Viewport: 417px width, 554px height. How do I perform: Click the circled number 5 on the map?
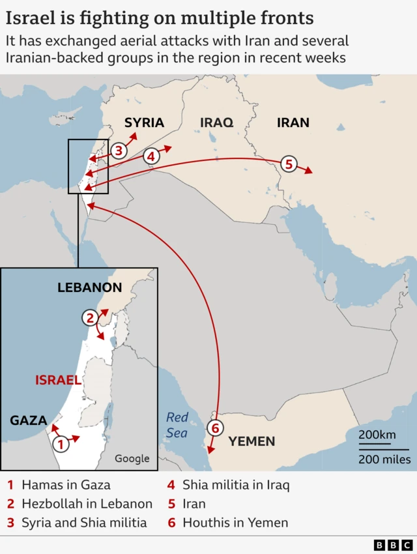click(x=289, y=164)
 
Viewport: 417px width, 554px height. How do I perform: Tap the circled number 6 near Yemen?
click(x=216, y=428)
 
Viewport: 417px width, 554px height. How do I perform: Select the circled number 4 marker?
click(x=151, y=156)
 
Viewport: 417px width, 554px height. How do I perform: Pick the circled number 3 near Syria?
click(x=117, y=151)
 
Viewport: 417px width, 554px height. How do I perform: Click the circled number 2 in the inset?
click(x=91, y=318)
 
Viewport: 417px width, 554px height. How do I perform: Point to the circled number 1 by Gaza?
click(x=60, y=445)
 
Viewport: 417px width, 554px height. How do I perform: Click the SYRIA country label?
click(x=144, y=123)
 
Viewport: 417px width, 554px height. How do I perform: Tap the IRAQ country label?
click(x=216, y=123)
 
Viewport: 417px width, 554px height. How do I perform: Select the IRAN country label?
click(x=293, y=123)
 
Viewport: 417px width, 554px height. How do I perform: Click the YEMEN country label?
click(x=252, y=441)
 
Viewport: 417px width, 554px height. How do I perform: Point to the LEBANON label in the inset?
click(x=89, y=287)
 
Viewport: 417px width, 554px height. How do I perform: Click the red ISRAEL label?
click(x=58, y=380)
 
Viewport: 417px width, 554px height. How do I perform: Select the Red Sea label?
click(x=177, y=425)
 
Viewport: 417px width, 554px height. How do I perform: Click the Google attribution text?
click(x=132, y=459)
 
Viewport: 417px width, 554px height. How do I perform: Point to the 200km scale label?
click(x=377, y=435)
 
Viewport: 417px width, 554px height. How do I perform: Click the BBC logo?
click(x=393, y=545)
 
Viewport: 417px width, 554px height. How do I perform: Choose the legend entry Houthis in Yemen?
click(x=235, y=523)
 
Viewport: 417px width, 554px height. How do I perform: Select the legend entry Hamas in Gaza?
click(x=66, y=485)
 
